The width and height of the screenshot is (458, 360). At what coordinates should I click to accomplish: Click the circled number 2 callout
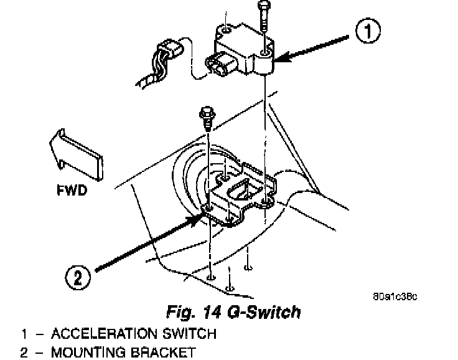tap(77, 276)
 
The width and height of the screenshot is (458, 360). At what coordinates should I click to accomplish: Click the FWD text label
tap(68, 189)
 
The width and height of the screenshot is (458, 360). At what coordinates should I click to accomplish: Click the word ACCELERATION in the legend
tap(103, 334)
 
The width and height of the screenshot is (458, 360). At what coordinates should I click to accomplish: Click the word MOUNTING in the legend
tap(88, 353)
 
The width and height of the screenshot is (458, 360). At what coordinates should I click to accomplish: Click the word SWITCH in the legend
tap(189, 334)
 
